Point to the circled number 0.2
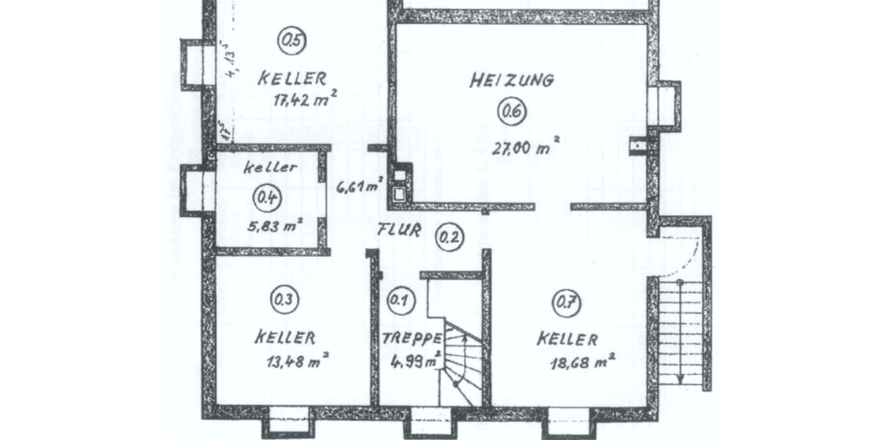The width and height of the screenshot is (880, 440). [x=449, y=236]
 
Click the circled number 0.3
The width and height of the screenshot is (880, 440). [x=283, y=299]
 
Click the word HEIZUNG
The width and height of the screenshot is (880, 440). [x=512, y=80]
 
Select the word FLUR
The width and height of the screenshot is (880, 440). [x=399, y=230]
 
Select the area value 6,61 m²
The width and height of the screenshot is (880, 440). [x=359, y=186]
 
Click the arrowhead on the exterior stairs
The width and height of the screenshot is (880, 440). [x=681, y=378]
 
